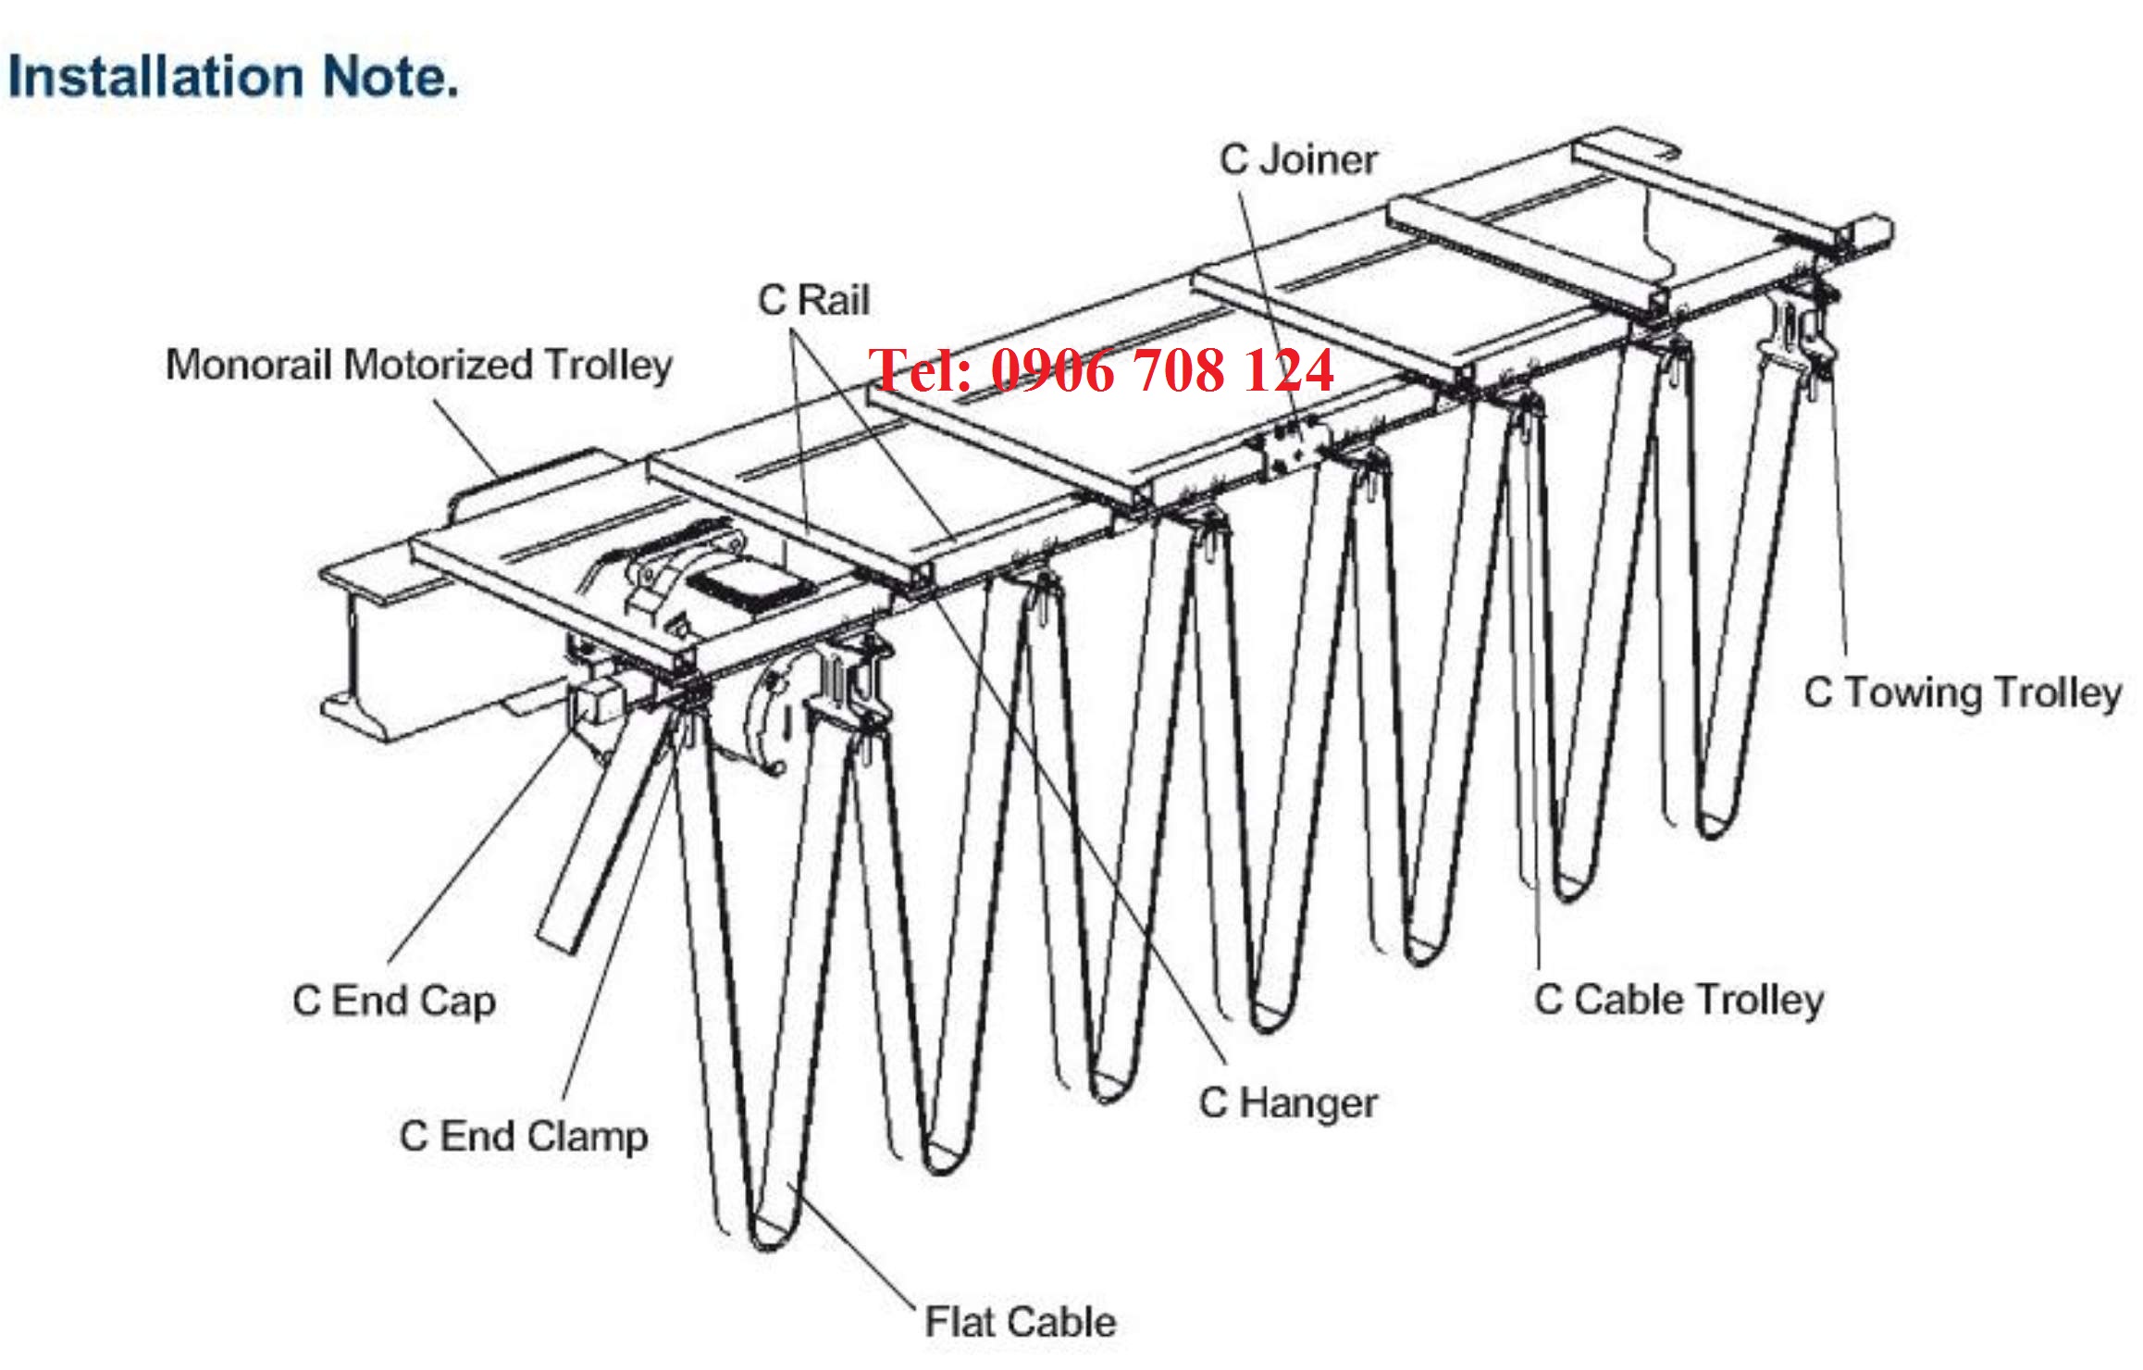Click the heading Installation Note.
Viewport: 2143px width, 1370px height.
[233, 76]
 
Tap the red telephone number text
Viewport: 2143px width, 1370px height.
[1101, 370]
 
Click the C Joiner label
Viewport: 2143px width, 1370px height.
[1298, 159]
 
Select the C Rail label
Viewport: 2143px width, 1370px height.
[813, 300]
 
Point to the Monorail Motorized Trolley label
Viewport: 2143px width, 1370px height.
[418, 365]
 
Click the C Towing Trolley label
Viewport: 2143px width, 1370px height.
[1962, 692]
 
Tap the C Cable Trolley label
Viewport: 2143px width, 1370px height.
[1678, 1000]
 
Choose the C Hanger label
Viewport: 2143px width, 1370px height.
[1288, 1103]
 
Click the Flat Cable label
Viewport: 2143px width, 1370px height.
[1020, 1322]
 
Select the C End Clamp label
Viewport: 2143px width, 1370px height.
[523, 1137]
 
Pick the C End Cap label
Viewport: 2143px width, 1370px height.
[394, 1002]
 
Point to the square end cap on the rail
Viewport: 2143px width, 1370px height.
[592, 704]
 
